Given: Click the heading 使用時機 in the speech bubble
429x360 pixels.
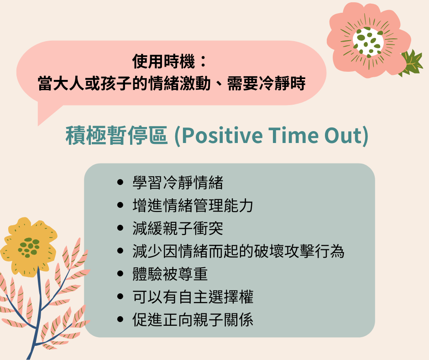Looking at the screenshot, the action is pos(163,61).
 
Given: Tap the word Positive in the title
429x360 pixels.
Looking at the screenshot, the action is pos(222,135).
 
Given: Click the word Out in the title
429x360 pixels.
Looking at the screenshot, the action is pos(343,135).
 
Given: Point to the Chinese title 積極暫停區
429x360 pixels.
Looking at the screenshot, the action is pos(116,135).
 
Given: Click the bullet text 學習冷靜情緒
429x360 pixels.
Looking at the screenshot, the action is pos(178,182).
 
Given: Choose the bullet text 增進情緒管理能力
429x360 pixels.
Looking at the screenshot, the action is pos(193,205).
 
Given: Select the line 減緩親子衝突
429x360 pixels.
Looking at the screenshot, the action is pos(178,228).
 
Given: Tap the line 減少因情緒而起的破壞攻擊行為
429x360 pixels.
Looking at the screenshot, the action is pos(238,251).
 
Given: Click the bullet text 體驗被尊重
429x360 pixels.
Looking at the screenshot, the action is pos(170,274).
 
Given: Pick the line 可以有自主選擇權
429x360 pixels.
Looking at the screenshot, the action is pos(193,296).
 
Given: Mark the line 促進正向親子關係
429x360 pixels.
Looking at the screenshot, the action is pos(193,319).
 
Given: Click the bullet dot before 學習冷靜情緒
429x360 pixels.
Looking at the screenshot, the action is pos(120,182).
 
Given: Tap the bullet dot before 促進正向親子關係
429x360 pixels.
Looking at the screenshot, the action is pos(120,319).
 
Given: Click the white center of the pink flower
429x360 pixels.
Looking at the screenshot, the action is pos(368,41).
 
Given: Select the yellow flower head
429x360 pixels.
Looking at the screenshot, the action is pos(29,247).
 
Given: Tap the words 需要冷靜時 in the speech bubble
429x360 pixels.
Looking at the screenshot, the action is pos(267,83).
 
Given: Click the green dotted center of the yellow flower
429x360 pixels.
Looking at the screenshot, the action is pos(29,247).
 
